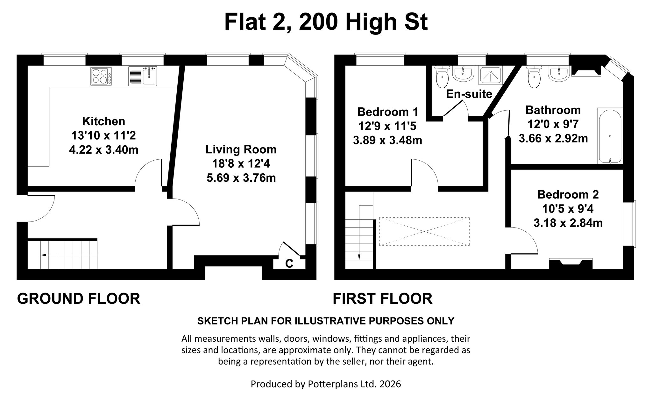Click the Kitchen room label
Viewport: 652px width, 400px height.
pyautogui.click(x=104, y=121)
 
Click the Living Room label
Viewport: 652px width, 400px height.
pyautogui.click(x=241, y=149)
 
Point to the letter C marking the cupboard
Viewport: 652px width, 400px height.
pyautogui.click(x=289, y=264)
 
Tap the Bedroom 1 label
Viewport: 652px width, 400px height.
pyautogui.click(x=387, y=112)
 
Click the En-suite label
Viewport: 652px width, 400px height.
pyautogui.click(x=469, y=94)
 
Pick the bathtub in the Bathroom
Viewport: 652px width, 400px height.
pyautogui.click(x=610, y=136)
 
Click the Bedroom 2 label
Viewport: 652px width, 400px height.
pyautogui.click(x=568, y=194)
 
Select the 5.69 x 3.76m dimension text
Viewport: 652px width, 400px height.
pyautogui.click(x=241, y=178)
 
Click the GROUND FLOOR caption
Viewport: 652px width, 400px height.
pyautogui.click(x=79, y=299)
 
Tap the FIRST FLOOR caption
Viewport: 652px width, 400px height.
pyautogui.click(x=382, y=299)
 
